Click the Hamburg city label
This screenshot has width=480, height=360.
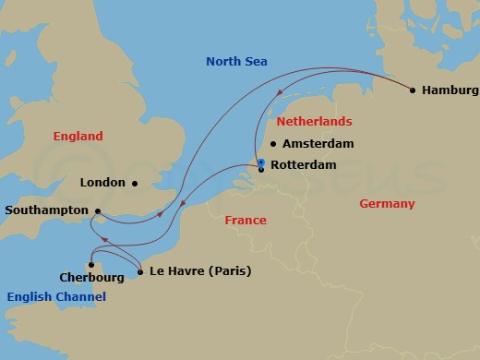pyautogui.click(x=450, y=90)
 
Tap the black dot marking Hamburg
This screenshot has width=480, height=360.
pyautogui.click(x=413, y=90)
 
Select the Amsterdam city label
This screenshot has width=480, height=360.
pyautogui.click(x=318, y=144)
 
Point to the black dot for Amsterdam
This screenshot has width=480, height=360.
pyautogui.click(x=273, y=144)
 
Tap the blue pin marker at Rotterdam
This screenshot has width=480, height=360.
pyautogui.click(x=261, y=164)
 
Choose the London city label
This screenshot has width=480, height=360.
pyautogui.click(x=102, y=183)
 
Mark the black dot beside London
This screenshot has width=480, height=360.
pyautogui.click(x=135, y=183)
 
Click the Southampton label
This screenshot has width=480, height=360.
pyautogui.click(x=46, y=210)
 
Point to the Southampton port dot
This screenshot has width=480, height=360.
pyautogui.click(x=98, y=210)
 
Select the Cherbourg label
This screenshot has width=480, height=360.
pyautogui.click(x=90, y=277)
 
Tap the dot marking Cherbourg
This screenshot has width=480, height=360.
pyautogui.click(x=90, y=264)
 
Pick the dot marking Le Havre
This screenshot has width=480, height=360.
pyautogui.click(x=139, y=271)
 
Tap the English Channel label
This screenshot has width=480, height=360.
pyautogui.click(x=56, y=296)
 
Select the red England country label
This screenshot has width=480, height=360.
pyautogui.click(x=78, y=137)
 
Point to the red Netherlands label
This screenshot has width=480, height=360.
pyautogui.click(x=315, y=122)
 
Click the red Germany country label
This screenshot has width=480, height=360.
pyautogui.click(x=387, y=204)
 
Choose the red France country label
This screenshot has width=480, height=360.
pyautogui.click(x=246, y=221)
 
